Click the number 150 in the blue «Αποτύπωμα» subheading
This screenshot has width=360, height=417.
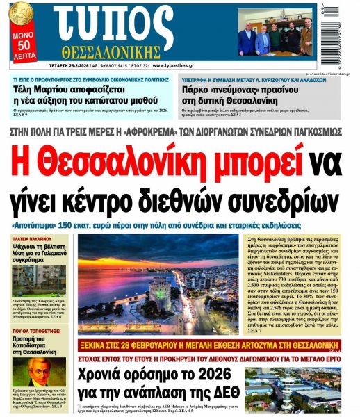click(x=101, y=226)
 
